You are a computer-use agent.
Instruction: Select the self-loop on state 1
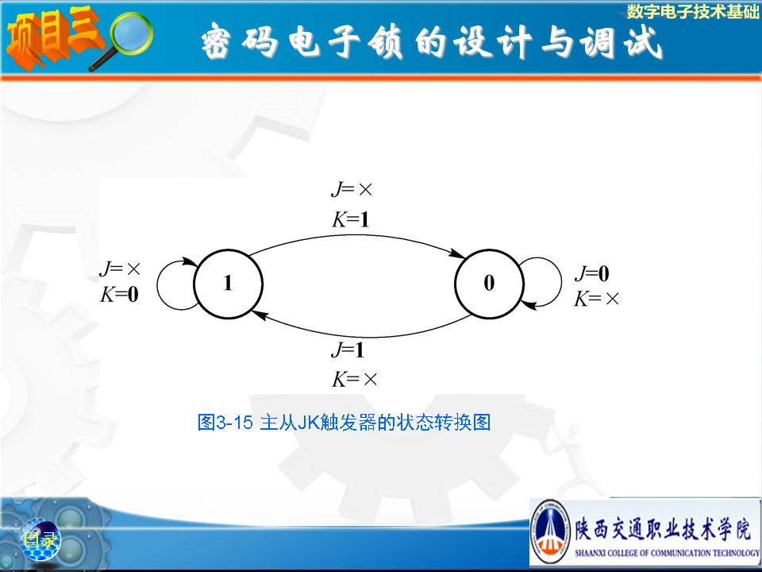click(157, 284)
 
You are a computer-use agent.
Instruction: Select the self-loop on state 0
click(561, 282)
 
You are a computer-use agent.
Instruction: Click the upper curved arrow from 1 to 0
click(357, 235)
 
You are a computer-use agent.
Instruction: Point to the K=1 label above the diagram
click(350, 219)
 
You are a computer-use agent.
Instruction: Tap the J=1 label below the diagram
click(348, 350)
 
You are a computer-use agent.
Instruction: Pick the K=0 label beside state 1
click(119, 294)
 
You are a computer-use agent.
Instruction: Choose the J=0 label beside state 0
click(592, 273)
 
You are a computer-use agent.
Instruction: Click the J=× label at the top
click(352, 189)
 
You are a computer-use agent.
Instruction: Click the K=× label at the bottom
click(354, 379)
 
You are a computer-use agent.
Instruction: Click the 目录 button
click(40, 539)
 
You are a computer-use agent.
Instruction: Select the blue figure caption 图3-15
click(344, 422)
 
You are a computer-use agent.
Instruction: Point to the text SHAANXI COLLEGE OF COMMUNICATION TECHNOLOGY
click(667, 553)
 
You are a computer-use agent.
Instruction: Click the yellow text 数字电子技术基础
click(692, 12)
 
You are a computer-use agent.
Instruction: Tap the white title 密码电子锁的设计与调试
click(432, 41)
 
